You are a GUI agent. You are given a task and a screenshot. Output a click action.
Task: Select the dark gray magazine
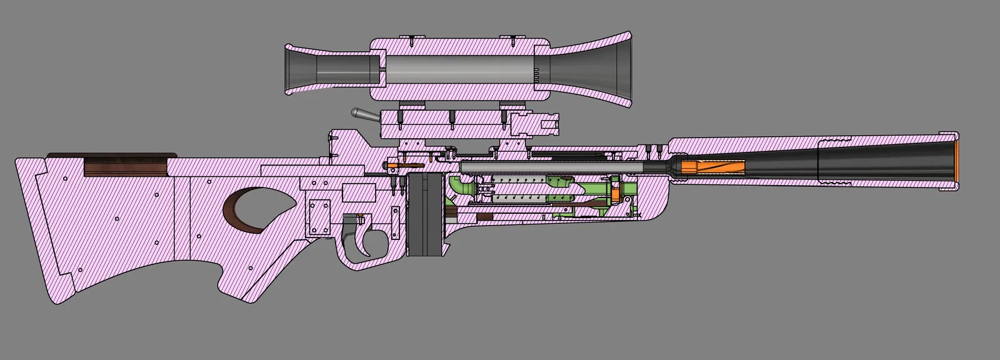click(425, 216)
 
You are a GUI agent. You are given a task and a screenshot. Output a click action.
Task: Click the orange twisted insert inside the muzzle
click(712, 167)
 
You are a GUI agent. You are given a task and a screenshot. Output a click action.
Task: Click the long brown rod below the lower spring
click(587, 204)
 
